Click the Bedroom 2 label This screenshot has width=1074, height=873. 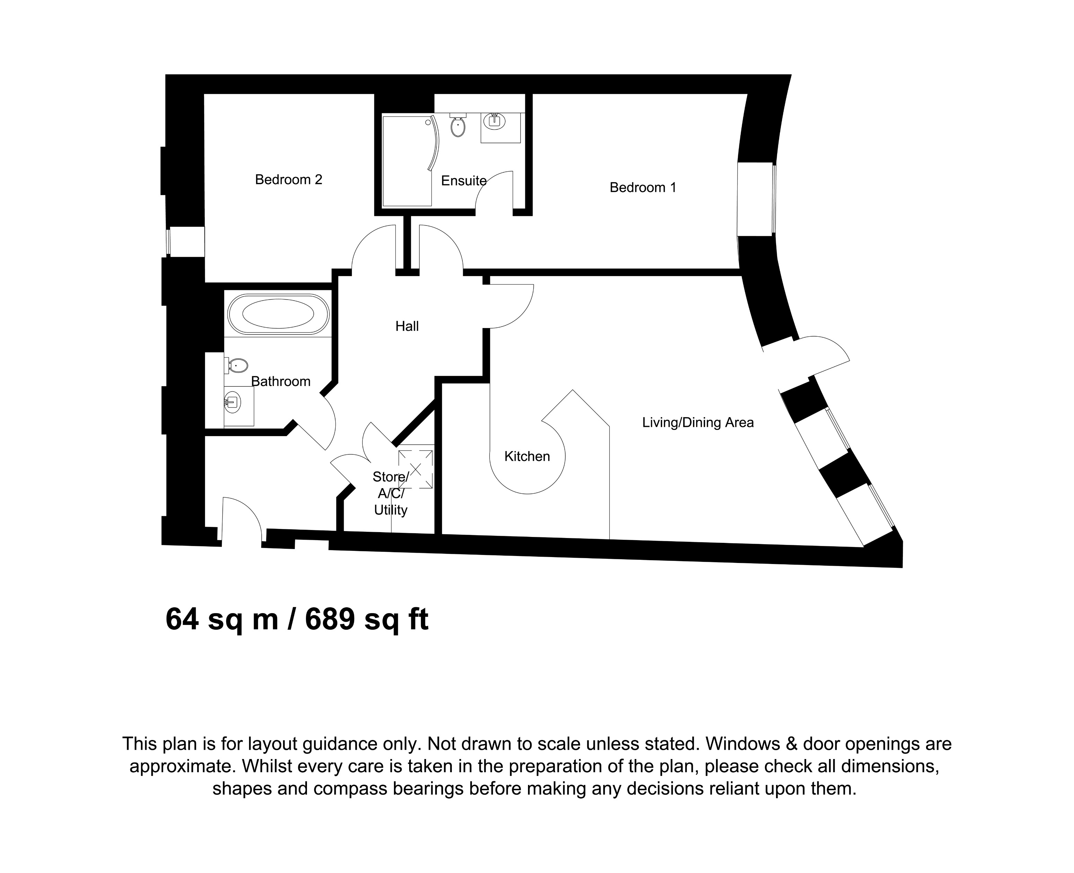(x=288, y=179)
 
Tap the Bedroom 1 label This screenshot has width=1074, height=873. (x=643, y=187)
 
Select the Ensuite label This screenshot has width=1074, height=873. (x=463, y=180)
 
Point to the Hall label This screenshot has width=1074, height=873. (x=407, y=326)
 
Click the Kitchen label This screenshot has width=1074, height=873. (x=527, y=456)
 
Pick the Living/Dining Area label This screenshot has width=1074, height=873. (x=697, y=422)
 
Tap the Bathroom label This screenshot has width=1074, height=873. (x=281, y=381)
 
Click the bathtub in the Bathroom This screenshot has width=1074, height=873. (x=278, y=314)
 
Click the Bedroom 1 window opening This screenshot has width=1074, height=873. (x=755, y=199)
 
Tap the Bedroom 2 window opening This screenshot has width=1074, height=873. (x=186, y=241)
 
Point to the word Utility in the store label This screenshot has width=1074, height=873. (x=391, y=510)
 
